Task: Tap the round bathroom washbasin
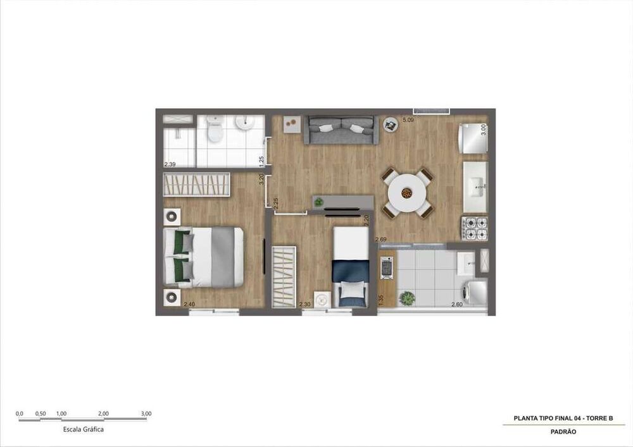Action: point(245,123)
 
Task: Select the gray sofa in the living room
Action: point(341,129)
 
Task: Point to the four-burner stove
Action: point(475,229)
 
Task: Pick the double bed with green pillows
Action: point(203,257)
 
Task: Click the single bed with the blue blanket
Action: point(351,266)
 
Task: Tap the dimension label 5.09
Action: point(408,119)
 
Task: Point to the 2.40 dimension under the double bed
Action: point(189,305)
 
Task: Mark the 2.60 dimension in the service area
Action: point(456,305)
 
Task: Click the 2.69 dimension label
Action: point(381,240)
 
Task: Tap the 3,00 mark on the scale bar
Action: point(146,414)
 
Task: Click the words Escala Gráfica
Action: point(84,429)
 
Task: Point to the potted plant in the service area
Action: point(408,297)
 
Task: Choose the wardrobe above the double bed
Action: point(196,185)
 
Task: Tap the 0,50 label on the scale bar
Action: point(41,414)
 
